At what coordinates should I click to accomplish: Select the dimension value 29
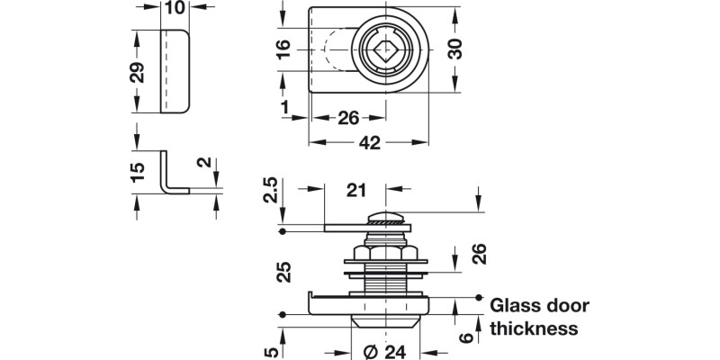click(137, 72)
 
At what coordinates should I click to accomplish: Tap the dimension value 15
click(137, 174)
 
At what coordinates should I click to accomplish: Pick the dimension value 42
click(367, 142)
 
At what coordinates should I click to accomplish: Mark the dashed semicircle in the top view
click(332, 50)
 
